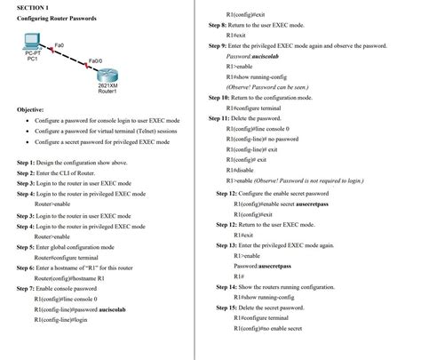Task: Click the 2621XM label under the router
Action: [x=107, y=85]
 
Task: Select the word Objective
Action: [x=31, y=109]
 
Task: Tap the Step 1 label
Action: [x=25, y=163]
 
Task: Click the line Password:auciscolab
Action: [x=252, y=56]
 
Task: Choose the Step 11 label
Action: [x=221, y=117]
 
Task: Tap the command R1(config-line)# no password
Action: [x=266, y=139]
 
